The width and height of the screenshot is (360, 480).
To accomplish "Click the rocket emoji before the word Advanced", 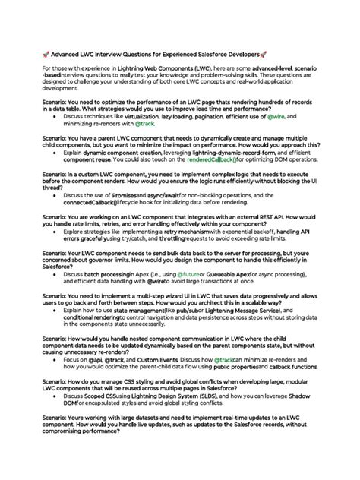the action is pyautogui.click(x=47, y=55).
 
